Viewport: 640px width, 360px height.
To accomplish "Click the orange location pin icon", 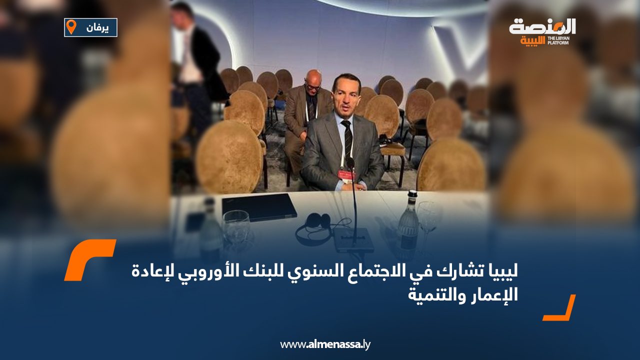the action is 71,27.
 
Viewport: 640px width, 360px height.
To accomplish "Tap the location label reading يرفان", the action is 97,28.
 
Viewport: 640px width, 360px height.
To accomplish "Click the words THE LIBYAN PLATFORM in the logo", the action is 558,40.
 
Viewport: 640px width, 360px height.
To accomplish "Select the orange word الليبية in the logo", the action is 532,41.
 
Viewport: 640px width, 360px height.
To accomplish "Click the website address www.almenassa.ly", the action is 325,344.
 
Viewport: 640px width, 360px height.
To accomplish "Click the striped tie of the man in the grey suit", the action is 347,139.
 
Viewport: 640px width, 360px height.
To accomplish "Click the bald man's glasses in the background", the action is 312,87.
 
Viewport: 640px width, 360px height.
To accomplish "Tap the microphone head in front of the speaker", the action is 350,162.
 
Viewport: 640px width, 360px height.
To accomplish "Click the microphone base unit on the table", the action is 353,239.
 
